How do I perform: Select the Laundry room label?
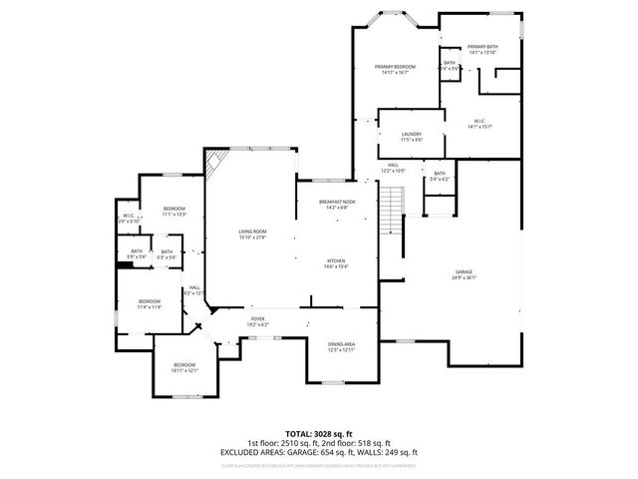point(412,137)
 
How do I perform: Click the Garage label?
point(464,274)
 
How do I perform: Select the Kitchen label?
point(336,263)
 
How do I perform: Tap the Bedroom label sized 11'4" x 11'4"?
point(150,303)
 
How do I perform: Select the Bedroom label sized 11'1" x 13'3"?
point(174,211)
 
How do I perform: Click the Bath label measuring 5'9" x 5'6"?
point(137,254)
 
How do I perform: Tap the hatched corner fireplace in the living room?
point(214,161)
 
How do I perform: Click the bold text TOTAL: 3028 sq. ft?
point(318,433)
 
